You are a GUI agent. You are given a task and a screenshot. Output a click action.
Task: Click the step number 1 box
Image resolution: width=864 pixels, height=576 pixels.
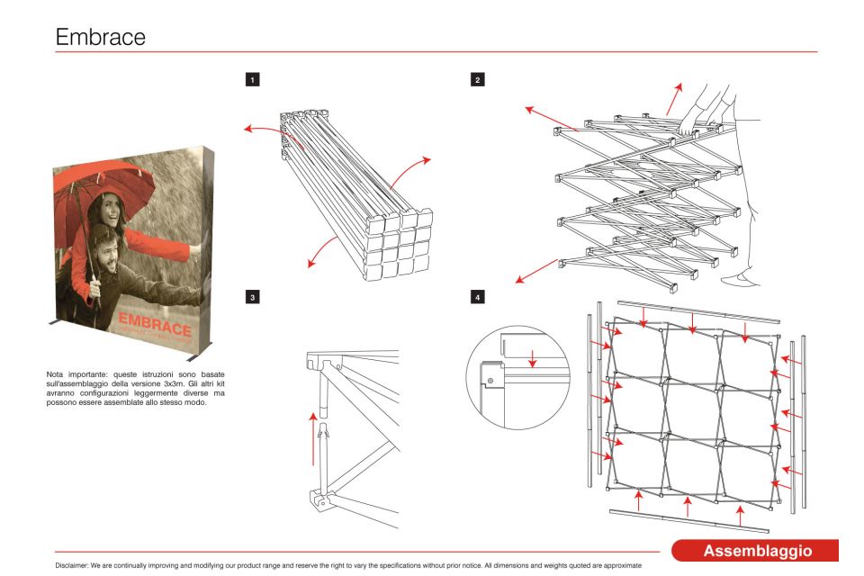pos(254,80)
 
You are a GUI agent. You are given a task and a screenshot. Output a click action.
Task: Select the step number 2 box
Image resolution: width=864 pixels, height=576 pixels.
pos(477,80)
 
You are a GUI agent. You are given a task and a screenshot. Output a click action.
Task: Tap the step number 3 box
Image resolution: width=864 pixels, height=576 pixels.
pos(254,296)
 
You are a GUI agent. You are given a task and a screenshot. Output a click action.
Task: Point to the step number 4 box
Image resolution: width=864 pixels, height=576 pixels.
pos(477,296)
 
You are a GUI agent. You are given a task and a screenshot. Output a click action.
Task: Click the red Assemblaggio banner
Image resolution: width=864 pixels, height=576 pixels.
pos(757,550)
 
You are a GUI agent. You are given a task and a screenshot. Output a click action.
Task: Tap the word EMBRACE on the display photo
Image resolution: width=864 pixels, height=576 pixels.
pos(154,325)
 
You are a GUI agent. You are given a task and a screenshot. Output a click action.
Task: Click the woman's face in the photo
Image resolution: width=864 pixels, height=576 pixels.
pos(110,212)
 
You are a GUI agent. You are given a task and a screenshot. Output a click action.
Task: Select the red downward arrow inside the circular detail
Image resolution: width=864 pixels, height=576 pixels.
pos(533,356)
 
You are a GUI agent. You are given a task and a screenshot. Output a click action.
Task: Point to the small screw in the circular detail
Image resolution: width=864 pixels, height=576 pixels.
pos(490,382)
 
